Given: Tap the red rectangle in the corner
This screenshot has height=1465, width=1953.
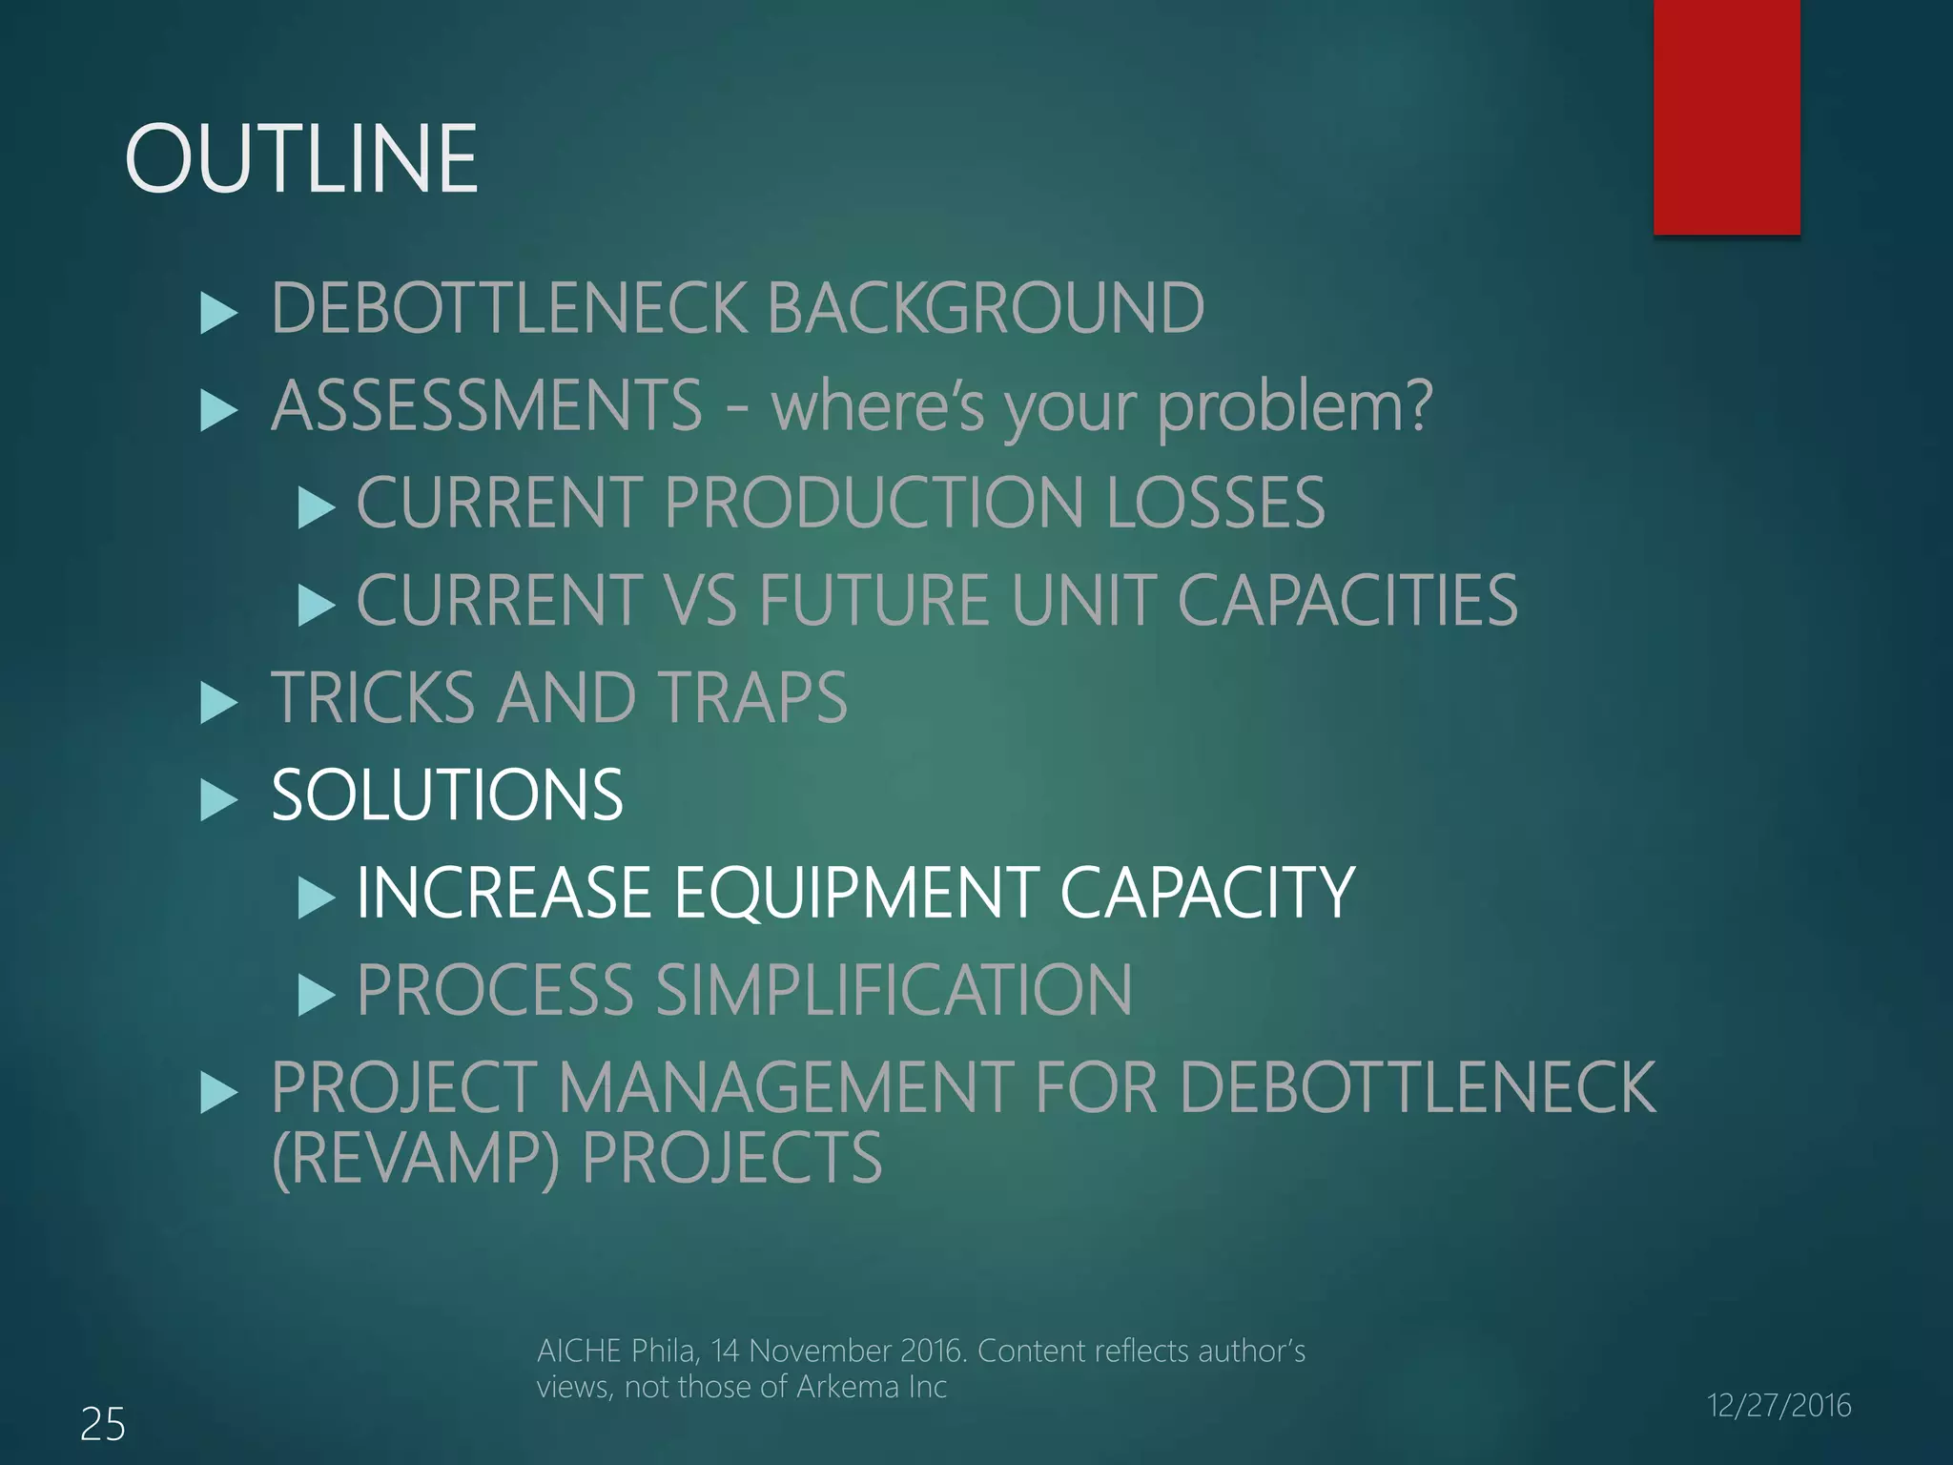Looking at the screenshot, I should click(1726, 116).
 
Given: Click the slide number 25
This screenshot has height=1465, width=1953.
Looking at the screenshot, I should click(102, 1425).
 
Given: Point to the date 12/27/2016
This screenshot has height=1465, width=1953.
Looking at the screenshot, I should click(1778, 1405).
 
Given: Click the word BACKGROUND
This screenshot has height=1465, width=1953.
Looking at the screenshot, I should click(985, 308).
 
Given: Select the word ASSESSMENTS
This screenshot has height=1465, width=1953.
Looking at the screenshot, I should click(486, 405).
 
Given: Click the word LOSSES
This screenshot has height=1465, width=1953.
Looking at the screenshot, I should click(1216, 503).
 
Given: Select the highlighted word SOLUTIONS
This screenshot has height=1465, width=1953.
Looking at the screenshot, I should click(447, 794).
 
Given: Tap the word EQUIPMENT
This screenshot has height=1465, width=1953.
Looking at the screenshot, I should click(856, 893).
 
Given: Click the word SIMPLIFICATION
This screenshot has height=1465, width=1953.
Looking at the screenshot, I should click(894, 990).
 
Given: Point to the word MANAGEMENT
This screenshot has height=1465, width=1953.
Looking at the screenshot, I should click(786, 1087).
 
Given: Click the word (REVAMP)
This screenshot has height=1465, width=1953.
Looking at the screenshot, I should click(416, 1158).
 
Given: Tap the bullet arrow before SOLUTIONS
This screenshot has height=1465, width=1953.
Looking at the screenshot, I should click(219, 800).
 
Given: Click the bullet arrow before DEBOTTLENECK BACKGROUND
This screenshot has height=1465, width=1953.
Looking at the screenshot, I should click(219, 314).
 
